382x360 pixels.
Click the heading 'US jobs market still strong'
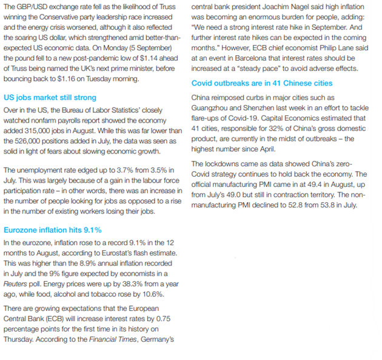[x=50, y=97]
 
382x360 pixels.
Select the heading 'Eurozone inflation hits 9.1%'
[x=53, y=230]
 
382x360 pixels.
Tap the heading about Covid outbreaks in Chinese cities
[x=263, y=83]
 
